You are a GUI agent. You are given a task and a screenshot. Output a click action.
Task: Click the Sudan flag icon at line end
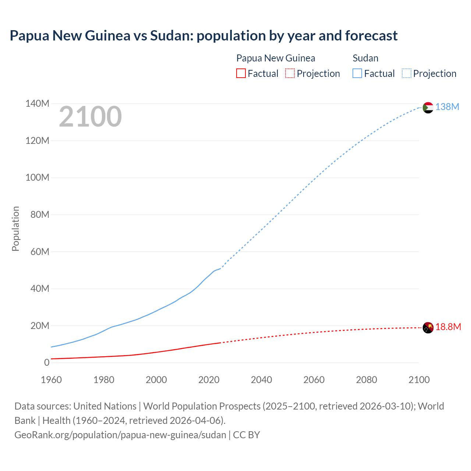428,107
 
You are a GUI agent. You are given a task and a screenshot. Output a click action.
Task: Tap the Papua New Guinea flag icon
428,327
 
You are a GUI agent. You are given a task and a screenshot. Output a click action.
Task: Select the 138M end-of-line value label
447,107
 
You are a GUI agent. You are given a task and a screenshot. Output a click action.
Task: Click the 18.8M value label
448,327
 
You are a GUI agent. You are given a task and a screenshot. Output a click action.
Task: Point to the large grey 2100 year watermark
90,117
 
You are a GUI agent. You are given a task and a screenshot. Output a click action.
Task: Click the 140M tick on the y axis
37,104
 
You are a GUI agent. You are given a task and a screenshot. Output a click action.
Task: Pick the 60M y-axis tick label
40,252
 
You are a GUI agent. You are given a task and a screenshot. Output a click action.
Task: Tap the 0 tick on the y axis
47,363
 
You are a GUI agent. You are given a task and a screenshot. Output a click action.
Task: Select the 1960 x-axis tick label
51,380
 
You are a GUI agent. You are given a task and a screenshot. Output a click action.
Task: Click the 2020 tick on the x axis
209,380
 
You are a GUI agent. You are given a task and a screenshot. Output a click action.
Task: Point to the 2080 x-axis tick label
366,380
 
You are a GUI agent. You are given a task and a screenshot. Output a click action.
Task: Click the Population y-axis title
15,229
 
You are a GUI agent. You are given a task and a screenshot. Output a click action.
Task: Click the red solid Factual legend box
241,74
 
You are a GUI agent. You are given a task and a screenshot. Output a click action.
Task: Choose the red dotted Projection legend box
290,74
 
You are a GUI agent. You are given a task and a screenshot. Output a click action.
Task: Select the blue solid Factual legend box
357,74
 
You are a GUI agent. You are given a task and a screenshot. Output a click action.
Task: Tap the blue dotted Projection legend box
406,74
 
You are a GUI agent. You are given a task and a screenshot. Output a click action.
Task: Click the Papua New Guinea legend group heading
276,58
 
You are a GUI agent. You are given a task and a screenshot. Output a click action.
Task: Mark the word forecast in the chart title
371,36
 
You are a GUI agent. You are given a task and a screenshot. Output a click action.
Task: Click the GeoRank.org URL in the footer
120,435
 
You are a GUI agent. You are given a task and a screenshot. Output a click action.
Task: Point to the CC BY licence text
247,435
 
